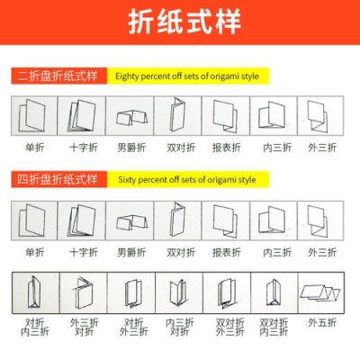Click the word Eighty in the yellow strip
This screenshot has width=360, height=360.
pos(130,76)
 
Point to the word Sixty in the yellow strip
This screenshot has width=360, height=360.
pos(128,180)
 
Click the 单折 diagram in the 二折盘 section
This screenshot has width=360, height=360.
pos(35,115)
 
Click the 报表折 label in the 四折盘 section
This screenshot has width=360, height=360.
pos(226,252)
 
